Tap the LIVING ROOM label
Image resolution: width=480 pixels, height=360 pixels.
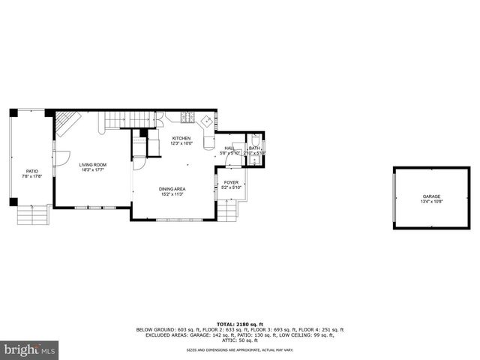(94, 165)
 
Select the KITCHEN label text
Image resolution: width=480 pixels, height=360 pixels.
(181, 139)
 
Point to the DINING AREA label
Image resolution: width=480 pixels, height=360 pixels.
(172, 189)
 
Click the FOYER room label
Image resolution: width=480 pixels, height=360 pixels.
(231, 182)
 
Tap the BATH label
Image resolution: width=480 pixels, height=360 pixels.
(254, 148)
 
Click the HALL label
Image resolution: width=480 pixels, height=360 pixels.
(229, 148)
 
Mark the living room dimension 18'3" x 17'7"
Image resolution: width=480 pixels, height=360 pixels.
(94, 169)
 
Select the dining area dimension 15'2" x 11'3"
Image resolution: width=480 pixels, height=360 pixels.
(172, 193)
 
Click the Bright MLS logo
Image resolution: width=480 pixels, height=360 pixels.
(30, 349)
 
